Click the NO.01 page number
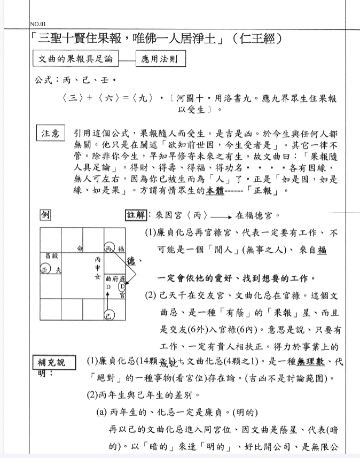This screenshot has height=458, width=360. click(38, 24)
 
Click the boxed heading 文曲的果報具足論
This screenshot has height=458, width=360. click(74, 59)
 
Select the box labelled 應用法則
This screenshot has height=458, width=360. click(159, 59)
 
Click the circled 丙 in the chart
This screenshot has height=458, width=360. click(109, 248)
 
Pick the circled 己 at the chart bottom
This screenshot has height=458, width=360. click(109, 315)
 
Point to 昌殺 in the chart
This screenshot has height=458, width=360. click(51, 257)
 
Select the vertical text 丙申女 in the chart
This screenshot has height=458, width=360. click(98, 267)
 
